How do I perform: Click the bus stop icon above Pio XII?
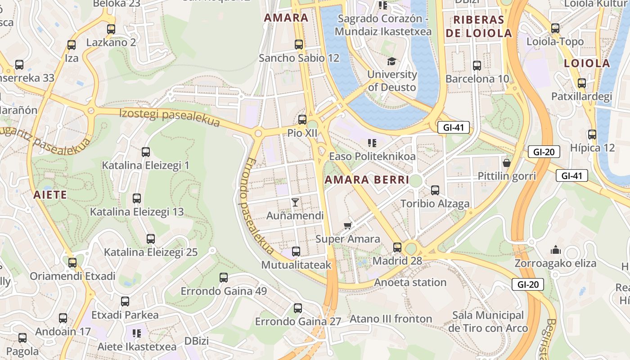pyautogui.click(x=302, y=120)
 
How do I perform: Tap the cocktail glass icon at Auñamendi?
pyautogui.click(x=295, y=202)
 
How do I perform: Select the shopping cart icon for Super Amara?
pyautogui.click(x=347, y=225)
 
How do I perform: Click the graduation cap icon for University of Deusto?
pyautogui.click(x=391, y=61)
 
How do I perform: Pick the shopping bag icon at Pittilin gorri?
pyautogui.click(x=507, y=162)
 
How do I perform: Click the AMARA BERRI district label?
pyautogui.click(x=367, y=180)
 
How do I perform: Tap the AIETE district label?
pyautogui.click(x=50, y=195)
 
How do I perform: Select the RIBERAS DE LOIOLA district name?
pyautogui.click(x=478, y=27)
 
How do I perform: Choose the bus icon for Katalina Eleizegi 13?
pyautogui.click(x=137, y=198)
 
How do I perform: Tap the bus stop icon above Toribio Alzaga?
pyautogui.click(x=435, y=190)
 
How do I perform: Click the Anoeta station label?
pyautogui.click(x=410, y=283)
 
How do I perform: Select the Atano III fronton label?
pyautogui.click(x=391, y=319)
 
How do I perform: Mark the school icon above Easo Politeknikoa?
pyautogui.click(x=372, y=143)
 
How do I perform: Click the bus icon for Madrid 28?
pyautogui.click(x=397, y=247)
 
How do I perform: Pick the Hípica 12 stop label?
pyautogui.click(x=592, y=148)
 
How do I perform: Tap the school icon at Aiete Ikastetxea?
pyautogui.click(x=137, y=333)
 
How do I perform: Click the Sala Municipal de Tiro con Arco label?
pyautogui.click(x=488, y=322)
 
